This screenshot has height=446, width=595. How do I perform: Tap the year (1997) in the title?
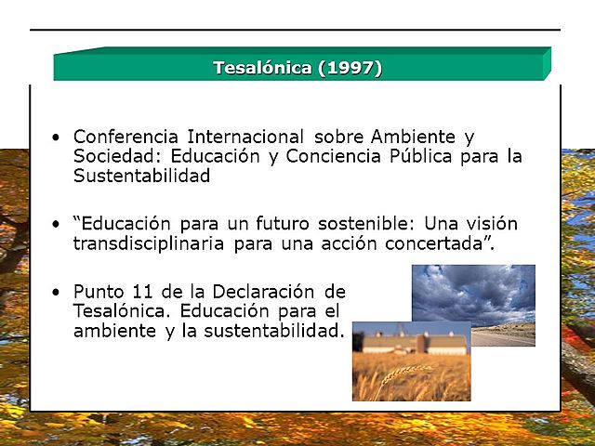350,68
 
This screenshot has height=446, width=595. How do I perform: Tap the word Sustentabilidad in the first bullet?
141,176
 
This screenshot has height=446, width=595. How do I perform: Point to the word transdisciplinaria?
150,244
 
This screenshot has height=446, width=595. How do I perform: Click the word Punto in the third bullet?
100,292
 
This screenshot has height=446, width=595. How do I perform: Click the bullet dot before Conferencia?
58,138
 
